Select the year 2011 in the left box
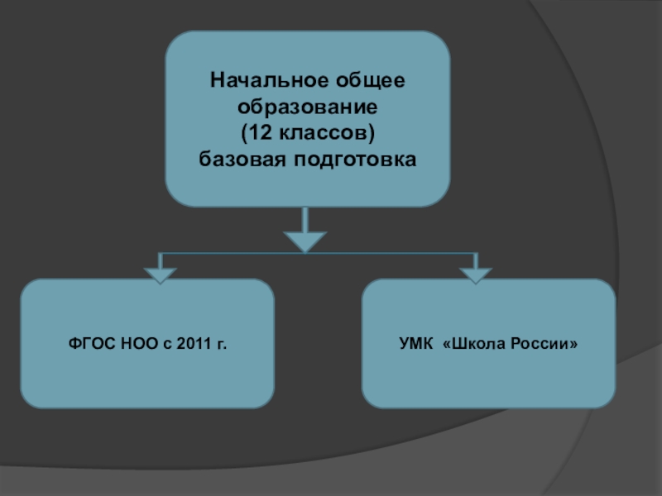(x=192, y=343)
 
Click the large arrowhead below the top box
(x=306, y=241)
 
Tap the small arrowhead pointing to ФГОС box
(x=160, y=275)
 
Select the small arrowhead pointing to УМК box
(x=476, y=275)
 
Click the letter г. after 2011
(x=221, y=343)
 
